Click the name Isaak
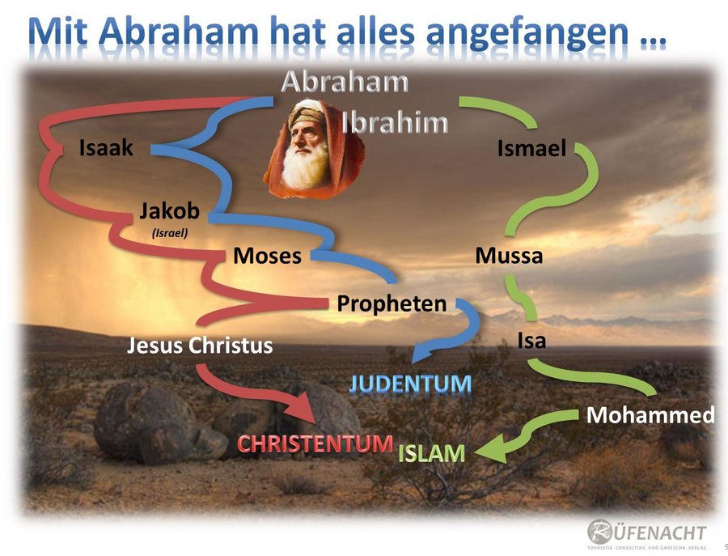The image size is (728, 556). tap(106, 148)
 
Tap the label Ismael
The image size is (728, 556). tap(531, 149)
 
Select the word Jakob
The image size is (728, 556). tap(170, 211)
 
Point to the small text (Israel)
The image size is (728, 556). tap(170, 233)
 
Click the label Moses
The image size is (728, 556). tap(267, 256)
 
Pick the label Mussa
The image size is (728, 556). tap(509, 256)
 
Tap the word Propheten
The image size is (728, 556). tap(392, 303)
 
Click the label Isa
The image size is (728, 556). tap(531, 341)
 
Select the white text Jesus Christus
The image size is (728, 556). tap(200, 345)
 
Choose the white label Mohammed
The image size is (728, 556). tap(650, 415)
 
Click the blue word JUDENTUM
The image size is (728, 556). tap(410, 384)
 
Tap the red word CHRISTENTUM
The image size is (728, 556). tap(315, 444)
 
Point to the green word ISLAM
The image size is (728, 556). tap(431, 454)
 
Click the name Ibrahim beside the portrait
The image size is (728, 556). tap(395, 123)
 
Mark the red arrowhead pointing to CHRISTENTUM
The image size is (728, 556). tap(303, 408)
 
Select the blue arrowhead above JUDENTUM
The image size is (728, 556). tap(423, 352)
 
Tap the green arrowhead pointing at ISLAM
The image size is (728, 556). tap(491, 448)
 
